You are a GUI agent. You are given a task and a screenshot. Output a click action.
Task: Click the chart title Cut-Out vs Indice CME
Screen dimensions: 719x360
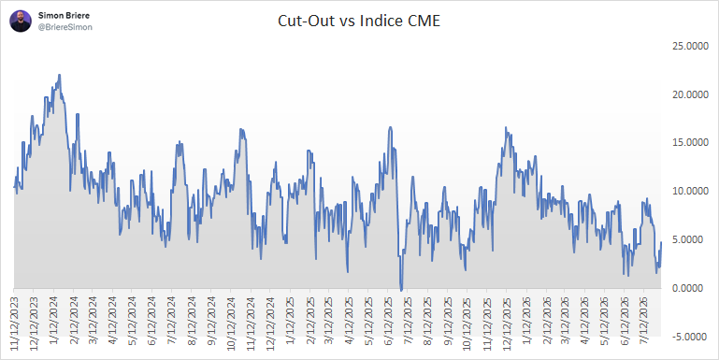click(359, 22)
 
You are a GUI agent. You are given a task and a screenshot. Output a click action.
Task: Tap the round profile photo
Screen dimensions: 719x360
click(21, 22)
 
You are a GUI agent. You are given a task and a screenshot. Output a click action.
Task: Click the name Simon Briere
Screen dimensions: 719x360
click(64, 16)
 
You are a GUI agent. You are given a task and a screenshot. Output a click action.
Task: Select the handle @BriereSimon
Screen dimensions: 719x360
click(65, 27)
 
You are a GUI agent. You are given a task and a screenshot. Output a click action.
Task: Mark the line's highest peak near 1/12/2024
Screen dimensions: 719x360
click(60, 75)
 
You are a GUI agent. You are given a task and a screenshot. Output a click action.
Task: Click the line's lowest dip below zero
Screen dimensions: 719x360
click(401, 290)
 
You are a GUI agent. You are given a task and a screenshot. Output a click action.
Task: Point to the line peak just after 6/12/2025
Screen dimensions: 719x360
click(390, 127)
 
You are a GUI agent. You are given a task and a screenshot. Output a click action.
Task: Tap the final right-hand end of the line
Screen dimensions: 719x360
click(661, 242)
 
